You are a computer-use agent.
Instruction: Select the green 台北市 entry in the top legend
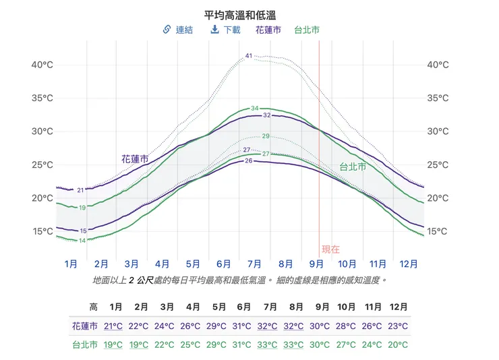click(307, 30)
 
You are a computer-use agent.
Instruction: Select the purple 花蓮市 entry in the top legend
click(268, 30)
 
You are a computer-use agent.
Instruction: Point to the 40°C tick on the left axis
click(42, 65)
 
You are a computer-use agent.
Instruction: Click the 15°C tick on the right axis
click(438, 231)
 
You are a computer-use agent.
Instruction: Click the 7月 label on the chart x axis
click(255, 264)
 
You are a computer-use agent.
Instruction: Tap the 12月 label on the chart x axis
click(408, 264)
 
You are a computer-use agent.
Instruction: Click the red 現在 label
click(331, 249)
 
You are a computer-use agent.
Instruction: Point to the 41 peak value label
click(249, 56)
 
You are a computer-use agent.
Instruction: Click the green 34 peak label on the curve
click(255, 108)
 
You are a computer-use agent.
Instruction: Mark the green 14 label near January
click(82, 241)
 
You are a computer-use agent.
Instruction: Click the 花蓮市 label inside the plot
click(135, 159)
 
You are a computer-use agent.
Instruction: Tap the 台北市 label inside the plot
click(352, 167)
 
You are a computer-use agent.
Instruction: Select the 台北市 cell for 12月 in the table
click(398, 344)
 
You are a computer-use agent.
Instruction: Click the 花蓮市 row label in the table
click(84, 326)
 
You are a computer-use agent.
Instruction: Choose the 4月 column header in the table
click(193, 307)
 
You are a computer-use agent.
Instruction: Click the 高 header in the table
click(93, 307)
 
